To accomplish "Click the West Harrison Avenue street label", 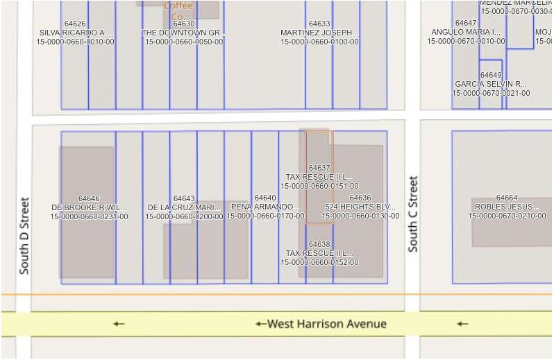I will [327, 324].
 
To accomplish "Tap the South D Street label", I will [24, 236].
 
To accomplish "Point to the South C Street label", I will [413, 214].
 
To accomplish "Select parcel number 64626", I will [75, 24].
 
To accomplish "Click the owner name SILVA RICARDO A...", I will [75, 33].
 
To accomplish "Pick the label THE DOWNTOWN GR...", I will [184, 33].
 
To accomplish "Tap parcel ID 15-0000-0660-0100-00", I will [319, 42].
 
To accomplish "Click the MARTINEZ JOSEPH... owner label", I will [319, 33].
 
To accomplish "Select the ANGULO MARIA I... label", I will [466, 32].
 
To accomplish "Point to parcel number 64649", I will [490, 75].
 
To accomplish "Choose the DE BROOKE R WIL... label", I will [89, 207].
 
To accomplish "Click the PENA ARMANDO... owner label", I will [265, 207].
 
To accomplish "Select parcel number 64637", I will [319, 168].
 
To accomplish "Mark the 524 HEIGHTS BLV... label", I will [360, 207].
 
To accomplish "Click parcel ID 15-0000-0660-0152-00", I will [319, 262].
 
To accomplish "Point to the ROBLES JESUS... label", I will [507, 207].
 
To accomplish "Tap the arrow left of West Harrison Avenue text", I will [261, 324].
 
